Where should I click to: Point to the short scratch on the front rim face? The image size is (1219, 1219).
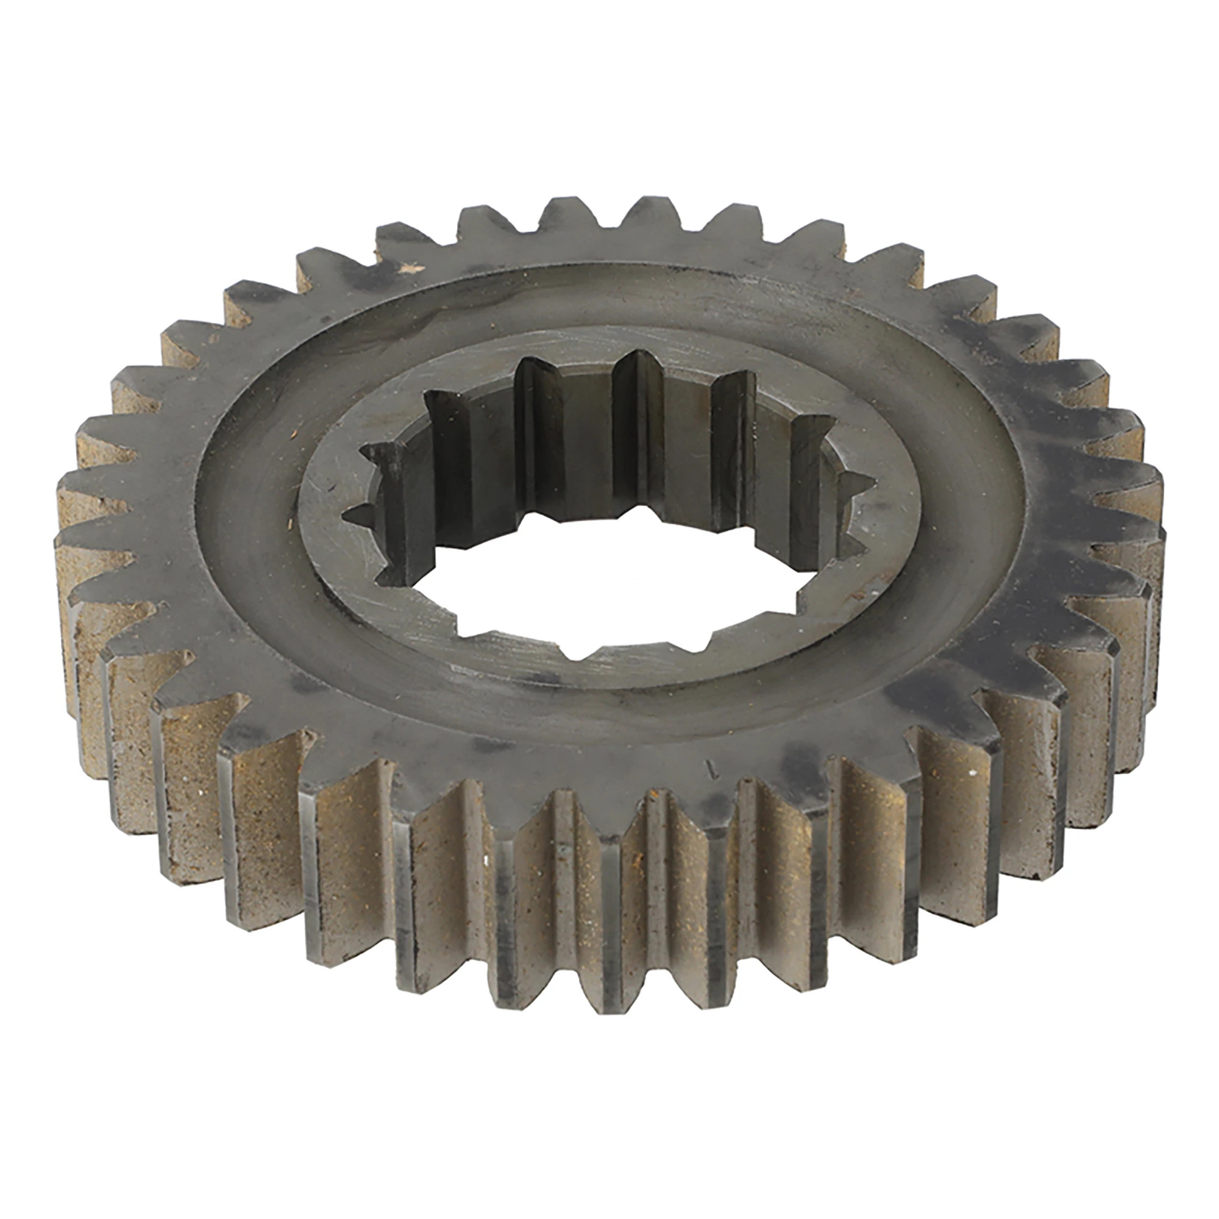[x=714, y=769]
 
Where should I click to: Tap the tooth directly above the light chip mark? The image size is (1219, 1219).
[x=404, y=236]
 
